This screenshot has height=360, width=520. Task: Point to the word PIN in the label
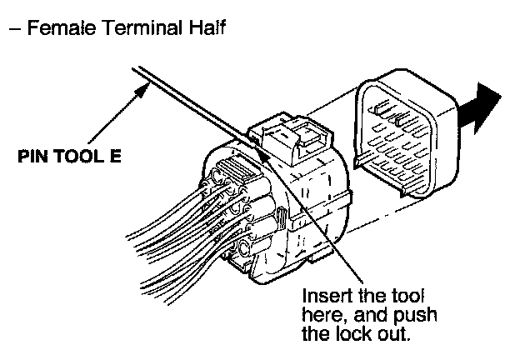click(x=36, y=156)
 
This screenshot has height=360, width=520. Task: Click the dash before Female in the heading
click(x=15, y=28)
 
